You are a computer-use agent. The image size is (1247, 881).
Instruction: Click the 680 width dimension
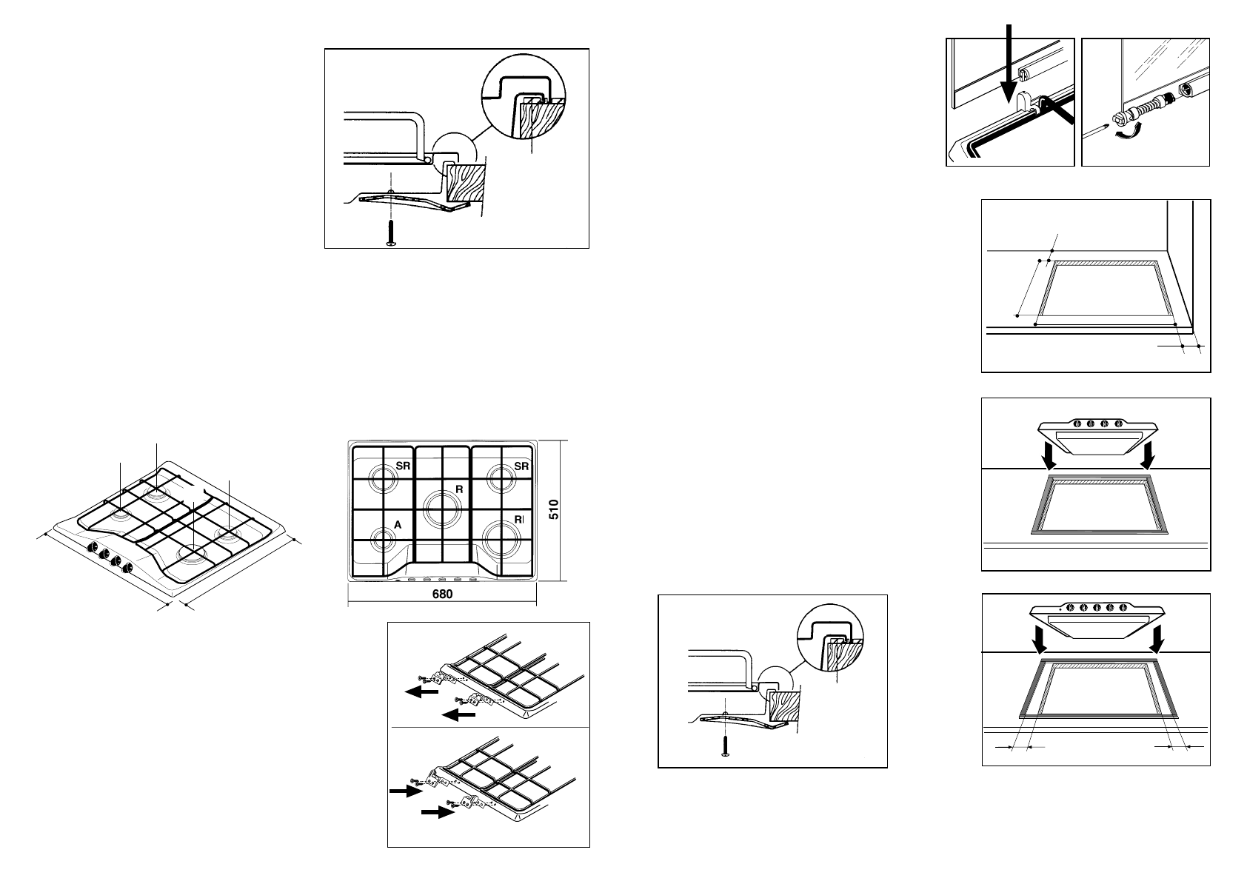(x=442, y=594)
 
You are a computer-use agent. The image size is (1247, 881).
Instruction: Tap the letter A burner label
(x=398, y=524)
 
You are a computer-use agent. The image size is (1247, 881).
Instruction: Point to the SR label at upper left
(x=403, y=466)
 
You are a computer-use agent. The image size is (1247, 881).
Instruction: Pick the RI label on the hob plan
(x=518, y=520)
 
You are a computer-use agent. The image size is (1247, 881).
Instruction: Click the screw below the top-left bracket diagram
(x=391, y=233)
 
